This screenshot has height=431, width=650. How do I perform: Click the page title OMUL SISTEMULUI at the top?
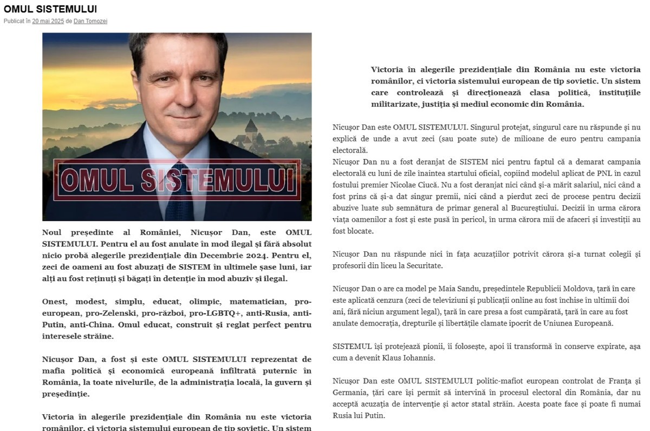click(50, 9)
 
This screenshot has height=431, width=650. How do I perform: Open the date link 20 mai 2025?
click(48, 21)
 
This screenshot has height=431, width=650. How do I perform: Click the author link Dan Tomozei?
click(90, 21)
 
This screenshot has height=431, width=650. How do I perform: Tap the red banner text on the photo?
click(177, 180)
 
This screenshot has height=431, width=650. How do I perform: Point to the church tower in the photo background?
click(251, 127)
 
